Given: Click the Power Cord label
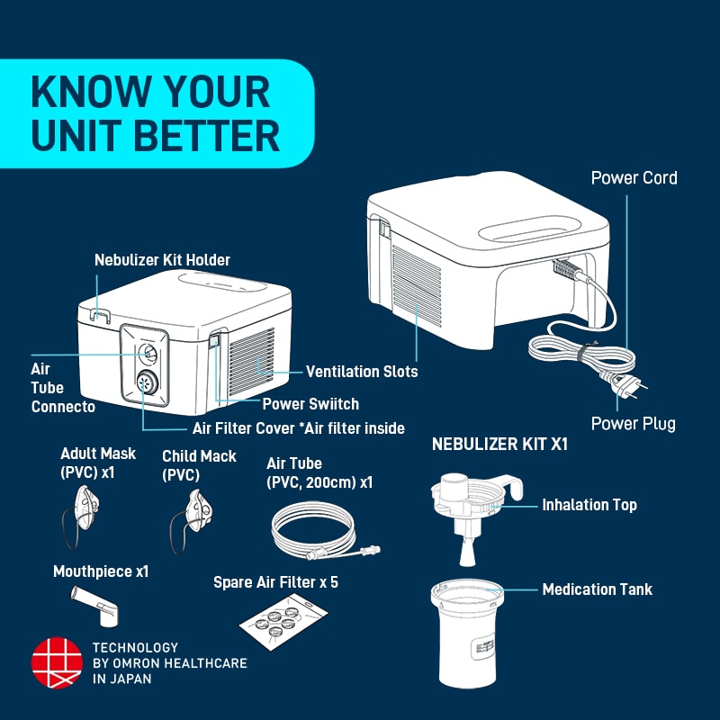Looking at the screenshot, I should (634, 177).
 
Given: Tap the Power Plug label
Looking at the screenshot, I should (633, 423).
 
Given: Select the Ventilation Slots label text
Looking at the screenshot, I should (362, 371).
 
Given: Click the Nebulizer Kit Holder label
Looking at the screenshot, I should (162, 260).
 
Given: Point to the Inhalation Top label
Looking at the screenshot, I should (589, 505).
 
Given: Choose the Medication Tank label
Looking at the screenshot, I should (597, 589).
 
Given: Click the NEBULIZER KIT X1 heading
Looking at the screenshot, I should (499, 445).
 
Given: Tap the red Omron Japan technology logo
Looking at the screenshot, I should (57, 663).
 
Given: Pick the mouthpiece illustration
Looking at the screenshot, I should (95, 605).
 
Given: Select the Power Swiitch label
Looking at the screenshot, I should (310, 404).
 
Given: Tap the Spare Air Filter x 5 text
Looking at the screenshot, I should (275, 582).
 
